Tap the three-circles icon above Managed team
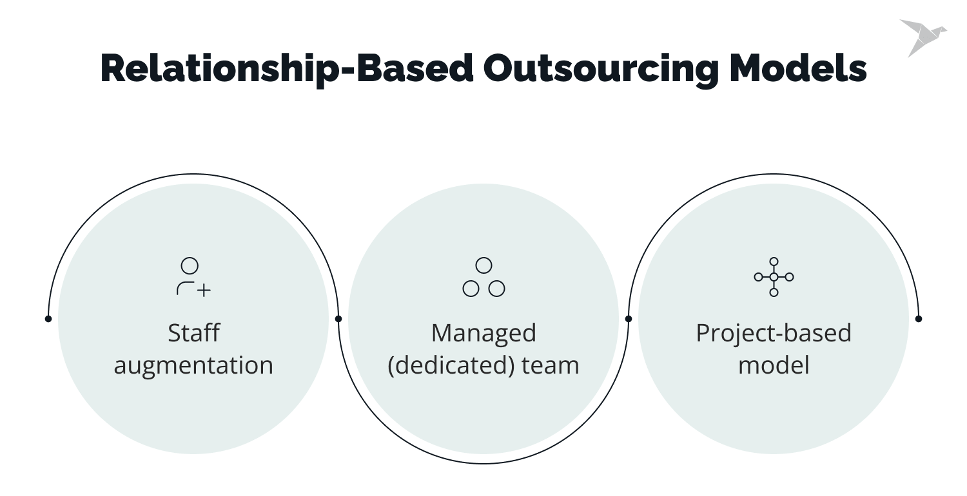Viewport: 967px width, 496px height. click(484, 277)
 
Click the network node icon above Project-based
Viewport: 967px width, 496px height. click(774, 277)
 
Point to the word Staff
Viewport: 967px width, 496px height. click(193, 333)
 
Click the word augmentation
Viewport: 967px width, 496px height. click(193, 365)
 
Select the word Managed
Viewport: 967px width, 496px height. click(484, 333)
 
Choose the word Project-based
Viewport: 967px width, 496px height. click(774, 333)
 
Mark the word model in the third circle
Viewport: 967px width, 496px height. click(774, 365)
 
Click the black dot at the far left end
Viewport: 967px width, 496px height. click(48, 318)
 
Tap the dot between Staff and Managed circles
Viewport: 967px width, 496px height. click(338, 318)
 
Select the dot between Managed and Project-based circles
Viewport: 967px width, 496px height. click(629, 318)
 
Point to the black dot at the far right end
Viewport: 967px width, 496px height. click(919, 318)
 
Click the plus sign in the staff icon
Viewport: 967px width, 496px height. click(204, 290)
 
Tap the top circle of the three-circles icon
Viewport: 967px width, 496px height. click(484, 265)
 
